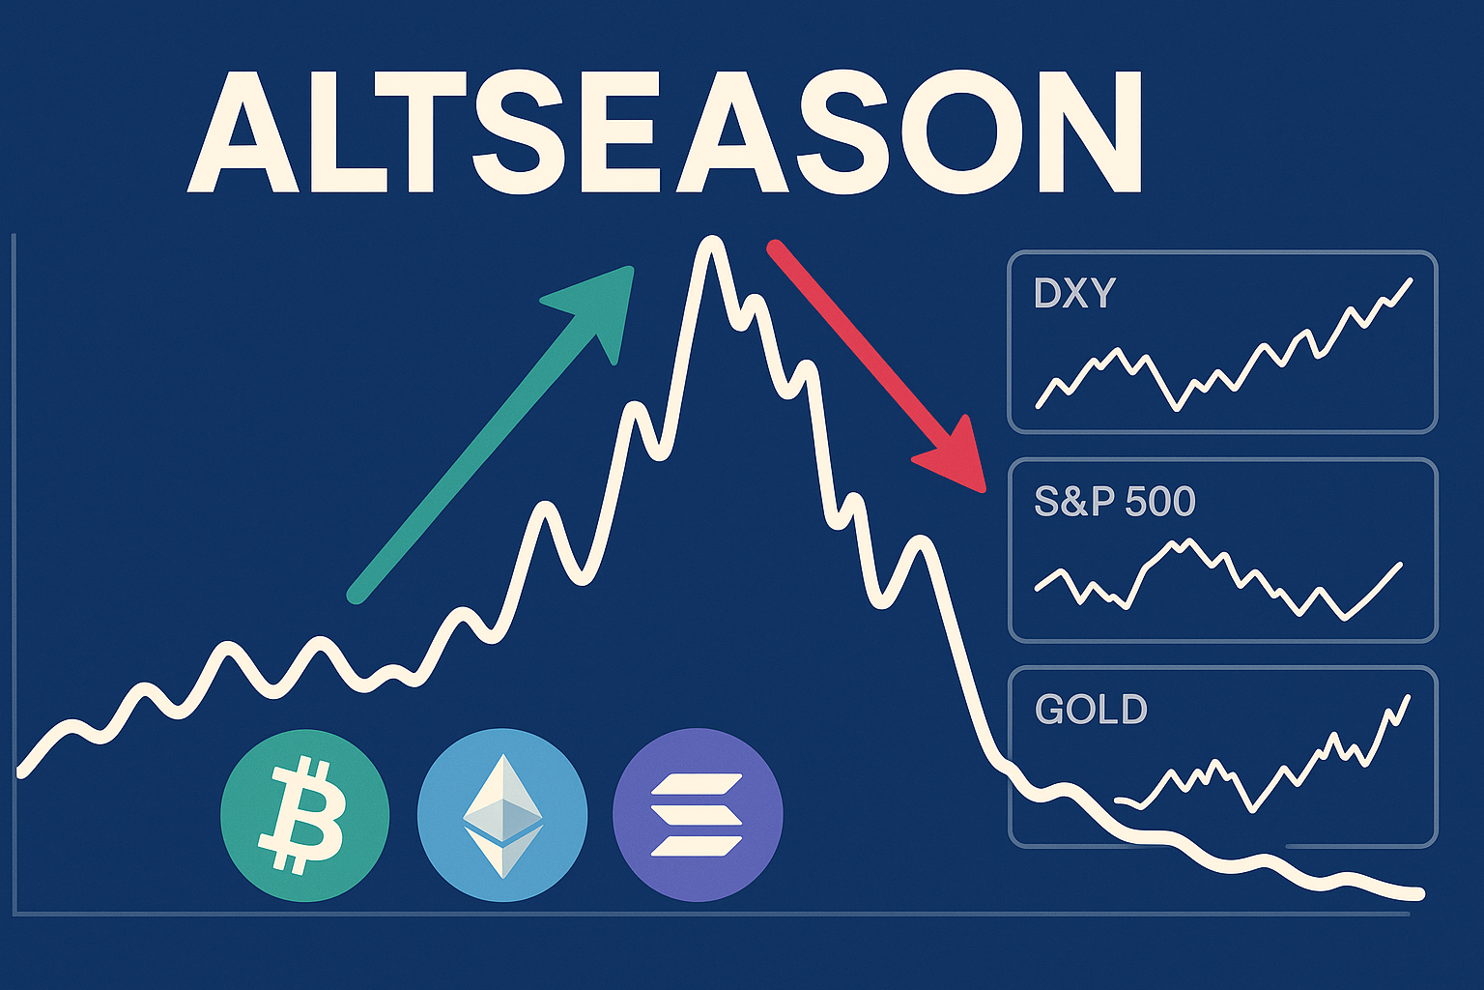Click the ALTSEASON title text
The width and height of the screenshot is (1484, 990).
tap(665, 131)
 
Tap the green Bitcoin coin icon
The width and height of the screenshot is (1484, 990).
tap(304, 814)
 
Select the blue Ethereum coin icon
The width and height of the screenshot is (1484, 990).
tap(502, 814)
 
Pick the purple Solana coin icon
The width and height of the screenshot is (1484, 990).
tap(698, 814)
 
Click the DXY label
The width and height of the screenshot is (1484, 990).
tap(1074, 293)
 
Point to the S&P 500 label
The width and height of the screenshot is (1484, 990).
tap(1114, 501)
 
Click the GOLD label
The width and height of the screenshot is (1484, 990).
tap(1091, 709)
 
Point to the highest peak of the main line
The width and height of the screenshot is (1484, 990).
tap(711, 240)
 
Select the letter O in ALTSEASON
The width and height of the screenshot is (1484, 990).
tap(977, 131)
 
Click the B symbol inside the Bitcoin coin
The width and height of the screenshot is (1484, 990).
tap(301, 816)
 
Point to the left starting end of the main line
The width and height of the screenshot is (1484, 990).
tap(21, 772)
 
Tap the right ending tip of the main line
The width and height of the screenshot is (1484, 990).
tap(1419, 895)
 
